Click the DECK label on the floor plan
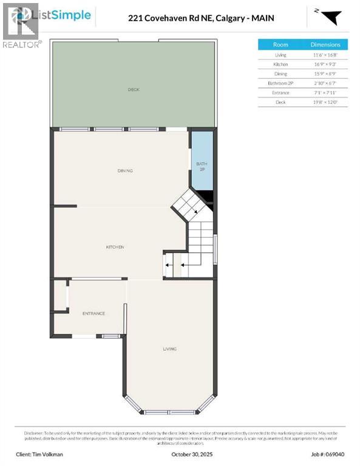[134, 90]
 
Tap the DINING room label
[125, 171]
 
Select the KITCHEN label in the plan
[115, 247]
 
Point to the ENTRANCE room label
[93, 314]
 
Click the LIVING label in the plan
[169, 349]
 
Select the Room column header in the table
[280, 44]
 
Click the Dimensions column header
[325, 44]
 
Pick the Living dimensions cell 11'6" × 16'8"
[325, 55]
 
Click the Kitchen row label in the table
[280, 64]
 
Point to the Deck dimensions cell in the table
[325, 102]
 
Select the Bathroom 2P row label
[280, 83]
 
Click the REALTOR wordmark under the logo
[22, 44]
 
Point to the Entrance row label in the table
[280, 93]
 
